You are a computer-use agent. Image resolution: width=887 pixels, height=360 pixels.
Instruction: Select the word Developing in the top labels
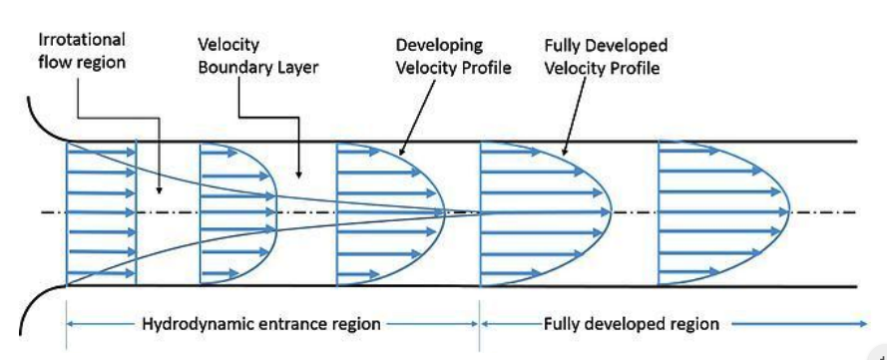coord(440,46)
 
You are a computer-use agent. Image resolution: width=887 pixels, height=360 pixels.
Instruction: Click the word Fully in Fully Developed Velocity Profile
coord(564,46)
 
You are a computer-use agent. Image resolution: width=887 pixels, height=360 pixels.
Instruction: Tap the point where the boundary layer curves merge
coord(479,212)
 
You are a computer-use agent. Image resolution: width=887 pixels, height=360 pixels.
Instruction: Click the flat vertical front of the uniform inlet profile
coord(137,213)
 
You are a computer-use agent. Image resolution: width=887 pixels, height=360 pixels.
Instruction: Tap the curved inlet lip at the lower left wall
coord(40,304)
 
